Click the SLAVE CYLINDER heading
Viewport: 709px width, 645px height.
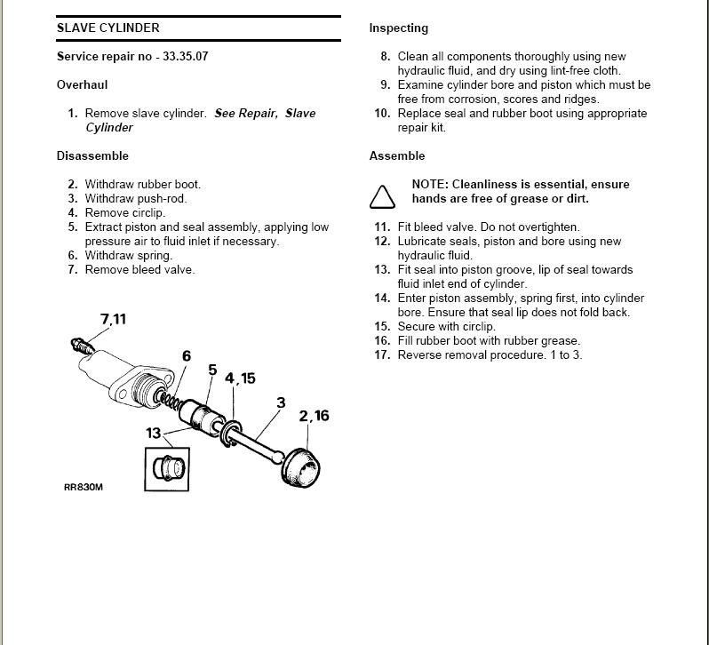[108, 28]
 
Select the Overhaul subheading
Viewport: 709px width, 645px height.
[82, 84]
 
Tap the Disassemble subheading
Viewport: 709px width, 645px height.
[92, 155]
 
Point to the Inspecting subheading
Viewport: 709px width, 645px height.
[398, 28]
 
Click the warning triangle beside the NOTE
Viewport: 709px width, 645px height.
[382, 195]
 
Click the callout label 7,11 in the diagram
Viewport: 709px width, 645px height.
[113, 319]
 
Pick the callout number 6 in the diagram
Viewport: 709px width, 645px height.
[187, 356]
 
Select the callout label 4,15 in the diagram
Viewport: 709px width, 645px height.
[240, 378]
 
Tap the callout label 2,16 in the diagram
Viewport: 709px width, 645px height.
[314, 416]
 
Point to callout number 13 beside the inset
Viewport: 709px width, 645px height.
[154, 434]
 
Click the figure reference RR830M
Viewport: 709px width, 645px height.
[84, 487]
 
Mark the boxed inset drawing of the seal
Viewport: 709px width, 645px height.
[168, 467]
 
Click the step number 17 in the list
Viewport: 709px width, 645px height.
[382, 355]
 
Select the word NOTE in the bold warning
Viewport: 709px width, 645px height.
[430, 184]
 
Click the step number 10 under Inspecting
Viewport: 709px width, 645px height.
[382, 113]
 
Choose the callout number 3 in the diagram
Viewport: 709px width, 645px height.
[281, 402]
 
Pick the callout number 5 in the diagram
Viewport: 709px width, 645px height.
[212, 370]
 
